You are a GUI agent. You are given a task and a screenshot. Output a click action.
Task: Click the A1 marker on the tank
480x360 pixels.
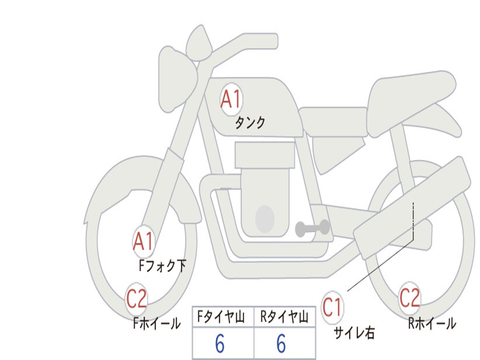coord(232,99)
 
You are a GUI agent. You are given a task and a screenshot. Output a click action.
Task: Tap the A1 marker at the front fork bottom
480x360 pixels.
coord(143,241)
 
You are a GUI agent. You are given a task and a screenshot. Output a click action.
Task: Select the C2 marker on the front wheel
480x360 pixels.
coord(136,299)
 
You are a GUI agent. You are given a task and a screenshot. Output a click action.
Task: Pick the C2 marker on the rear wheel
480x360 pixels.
coord(410,298)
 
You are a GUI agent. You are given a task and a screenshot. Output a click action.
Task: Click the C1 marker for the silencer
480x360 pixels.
coord(332,307)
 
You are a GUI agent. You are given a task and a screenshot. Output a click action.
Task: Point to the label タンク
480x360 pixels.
coord(250,123)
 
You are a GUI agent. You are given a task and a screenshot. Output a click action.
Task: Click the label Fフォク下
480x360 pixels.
coord(163,266)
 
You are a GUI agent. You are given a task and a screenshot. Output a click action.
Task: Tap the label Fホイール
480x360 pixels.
coord(157,323)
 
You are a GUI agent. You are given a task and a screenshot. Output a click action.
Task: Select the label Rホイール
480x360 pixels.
coord(432,323)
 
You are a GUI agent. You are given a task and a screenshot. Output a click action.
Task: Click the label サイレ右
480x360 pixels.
coord(354,333)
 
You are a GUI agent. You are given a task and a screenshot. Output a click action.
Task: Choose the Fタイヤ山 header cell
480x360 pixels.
coord(223,316)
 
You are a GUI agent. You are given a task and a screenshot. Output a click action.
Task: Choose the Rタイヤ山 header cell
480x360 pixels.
coord(285,316)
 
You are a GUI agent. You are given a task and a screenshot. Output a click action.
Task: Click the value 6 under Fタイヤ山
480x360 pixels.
coord(220,344)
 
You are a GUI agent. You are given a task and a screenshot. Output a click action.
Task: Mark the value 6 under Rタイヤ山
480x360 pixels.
coord(281,344)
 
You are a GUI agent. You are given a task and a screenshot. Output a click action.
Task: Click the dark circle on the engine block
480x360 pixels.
coord(265,219)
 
